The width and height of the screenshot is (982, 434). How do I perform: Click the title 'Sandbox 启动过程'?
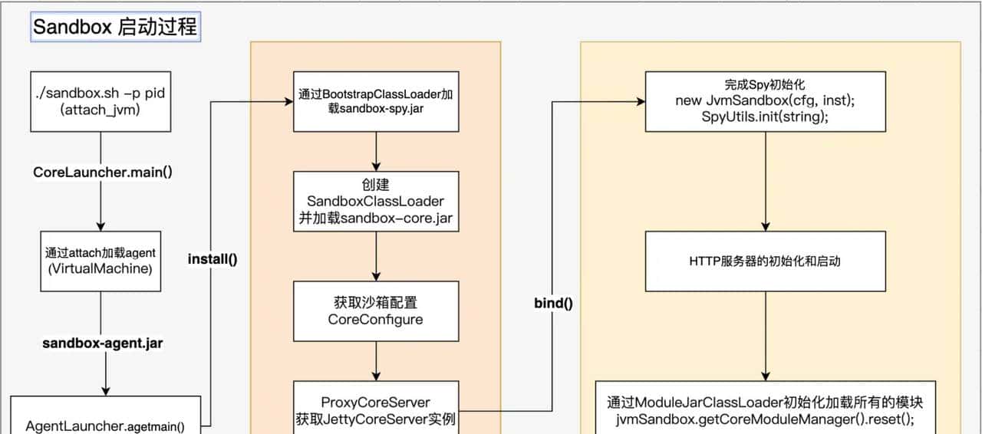(115, 28)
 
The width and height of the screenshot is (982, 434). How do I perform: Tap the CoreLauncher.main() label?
(103, 172)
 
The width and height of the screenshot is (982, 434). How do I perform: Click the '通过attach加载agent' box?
(101, 261)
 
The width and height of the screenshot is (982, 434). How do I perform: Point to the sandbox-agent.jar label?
(102, 344)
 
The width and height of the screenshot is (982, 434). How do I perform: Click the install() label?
(213, 258)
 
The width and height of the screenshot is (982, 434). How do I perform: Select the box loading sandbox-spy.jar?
(376, 101)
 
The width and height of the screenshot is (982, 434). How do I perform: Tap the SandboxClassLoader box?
(376, 201)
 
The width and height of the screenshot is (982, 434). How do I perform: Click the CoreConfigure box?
(376, 311)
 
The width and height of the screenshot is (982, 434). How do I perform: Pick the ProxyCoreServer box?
(376, 408)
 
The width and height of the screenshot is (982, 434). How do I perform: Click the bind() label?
(553, 302)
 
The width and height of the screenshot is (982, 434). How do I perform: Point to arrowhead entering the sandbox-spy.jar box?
(288, 101)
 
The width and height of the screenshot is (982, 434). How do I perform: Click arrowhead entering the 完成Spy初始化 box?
(639, 101)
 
